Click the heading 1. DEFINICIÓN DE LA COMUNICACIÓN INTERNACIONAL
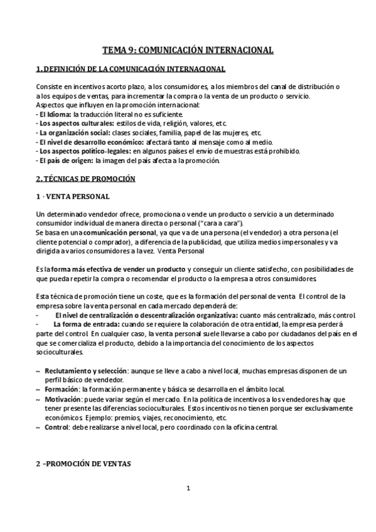pyautogui.click(x=131, y=68)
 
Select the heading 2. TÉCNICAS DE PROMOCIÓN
pyautogui.click(x=85, y=178)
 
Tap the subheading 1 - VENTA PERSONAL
pyautogui.click(x=73, y=197)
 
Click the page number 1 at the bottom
pyautogui.click(x=188, y=489)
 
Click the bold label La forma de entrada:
pyautogui.click(x=82, y=324)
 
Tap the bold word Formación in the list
pyautogui.click(x=62, y=390)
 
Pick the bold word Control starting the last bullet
pyautogui.click(x=57, y=427)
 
